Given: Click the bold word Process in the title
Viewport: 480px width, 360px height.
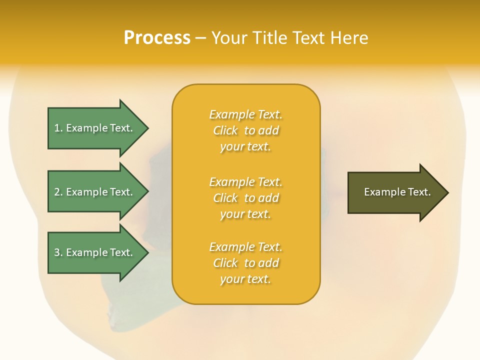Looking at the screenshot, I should [157, 38].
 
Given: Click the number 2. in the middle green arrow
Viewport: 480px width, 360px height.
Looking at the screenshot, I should [58, 192].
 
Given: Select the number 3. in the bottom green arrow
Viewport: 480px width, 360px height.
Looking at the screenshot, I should [58, 252].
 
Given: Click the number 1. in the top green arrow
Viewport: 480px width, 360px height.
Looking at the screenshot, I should [58, 128].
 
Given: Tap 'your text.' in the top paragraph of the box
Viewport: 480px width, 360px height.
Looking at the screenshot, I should [245, 147].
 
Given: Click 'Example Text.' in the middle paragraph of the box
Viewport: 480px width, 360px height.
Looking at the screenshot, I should [245, 182].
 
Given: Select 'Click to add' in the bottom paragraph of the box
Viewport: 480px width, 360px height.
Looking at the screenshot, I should [245, 263].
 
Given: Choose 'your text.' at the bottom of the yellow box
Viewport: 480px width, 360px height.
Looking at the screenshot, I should [245, 279].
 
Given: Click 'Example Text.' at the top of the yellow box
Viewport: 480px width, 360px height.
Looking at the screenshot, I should [245, 114].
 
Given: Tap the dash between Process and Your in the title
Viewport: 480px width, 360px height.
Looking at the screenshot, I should [201, 38].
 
